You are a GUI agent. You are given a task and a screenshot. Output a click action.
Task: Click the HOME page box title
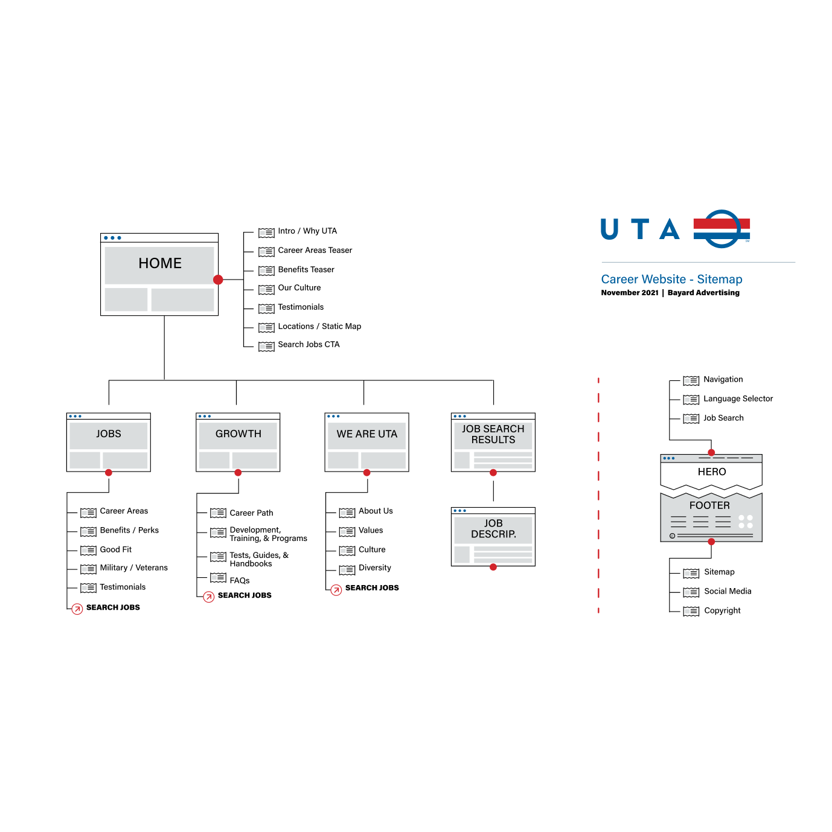(x=160, y=263)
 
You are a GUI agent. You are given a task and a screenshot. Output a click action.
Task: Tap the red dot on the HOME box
(x=218, y=280)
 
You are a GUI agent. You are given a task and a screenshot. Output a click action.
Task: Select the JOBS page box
(x=109, y=441)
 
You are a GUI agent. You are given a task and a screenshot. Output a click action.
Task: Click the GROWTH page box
(x=238, y=441)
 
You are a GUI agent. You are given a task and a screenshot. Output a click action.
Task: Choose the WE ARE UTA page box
(x=366, y=441)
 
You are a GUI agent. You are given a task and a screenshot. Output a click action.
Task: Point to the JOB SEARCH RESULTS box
(x=493, y=441)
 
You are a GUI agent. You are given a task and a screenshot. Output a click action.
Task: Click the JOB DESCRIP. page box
(x=493, y=536)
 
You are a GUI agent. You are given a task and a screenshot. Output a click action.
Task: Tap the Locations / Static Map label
(x=319, y=327)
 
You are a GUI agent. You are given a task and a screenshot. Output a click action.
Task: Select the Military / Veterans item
(x=133, y=568)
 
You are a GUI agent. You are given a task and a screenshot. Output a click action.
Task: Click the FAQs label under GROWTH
(x=240, y=581)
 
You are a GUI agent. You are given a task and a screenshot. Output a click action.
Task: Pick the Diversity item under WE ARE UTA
(x=374, y=568)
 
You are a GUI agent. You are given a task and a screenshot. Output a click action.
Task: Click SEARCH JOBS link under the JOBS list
(x=113, y=607)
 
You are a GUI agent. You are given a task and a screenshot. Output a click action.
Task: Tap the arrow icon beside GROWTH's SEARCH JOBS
(x=209, y=597)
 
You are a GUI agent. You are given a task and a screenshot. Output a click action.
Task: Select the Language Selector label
(x=738, y=399)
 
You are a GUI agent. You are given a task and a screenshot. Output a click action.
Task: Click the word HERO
(x=712, y=472)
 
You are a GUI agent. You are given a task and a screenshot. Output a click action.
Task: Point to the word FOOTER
(x=709, y=506)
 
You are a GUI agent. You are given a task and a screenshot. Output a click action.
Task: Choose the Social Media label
(x=728, y=592)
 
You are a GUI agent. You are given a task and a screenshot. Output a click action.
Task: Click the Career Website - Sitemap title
(x=671, y=280)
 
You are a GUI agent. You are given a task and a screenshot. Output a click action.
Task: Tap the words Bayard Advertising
(x=703, y=293)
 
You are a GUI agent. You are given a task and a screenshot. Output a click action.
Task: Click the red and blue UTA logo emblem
(x=722, y=229)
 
